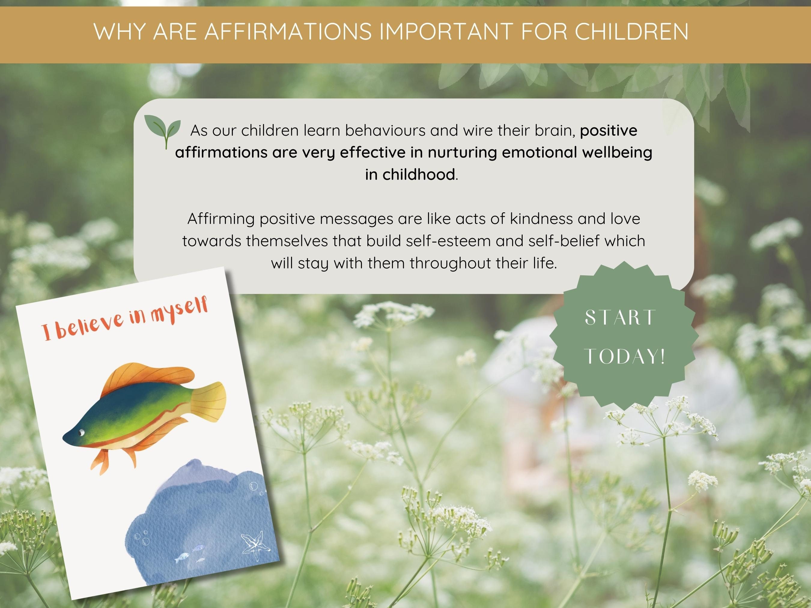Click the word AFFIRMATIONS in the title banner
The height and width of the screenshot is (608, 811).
288,32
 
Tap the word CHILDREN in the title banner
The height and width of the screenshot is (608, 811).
631,32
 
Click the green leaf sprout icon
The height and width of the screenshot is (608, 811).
163,130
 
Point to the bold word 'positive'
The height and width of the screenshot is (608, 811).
609,131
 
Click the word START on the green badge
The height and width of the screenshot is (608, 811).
619,318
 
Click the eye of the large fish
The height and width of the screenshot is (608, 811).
81,433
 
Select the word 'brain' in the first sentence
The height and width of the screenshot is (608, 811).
559,131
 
